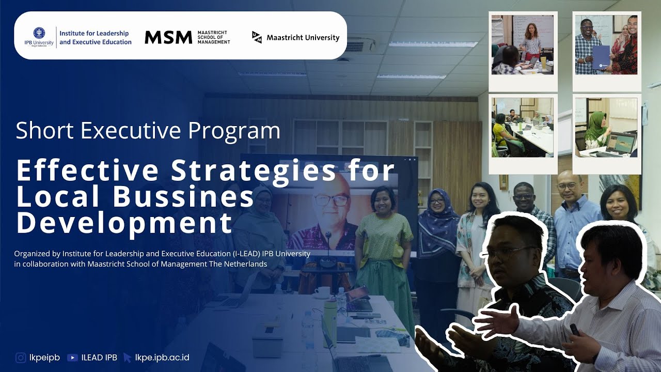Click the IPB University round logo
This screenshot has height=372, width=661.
[x=39, y=33]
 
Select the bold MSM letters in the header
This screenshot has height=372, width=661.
[x=168, y=37]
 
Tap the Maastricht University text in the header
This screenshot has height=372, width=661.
[x=303, y=38]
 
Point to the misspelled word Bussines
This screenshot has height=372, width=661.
[x=183, y=197]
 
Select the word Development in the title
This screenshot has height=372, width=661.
[x=124, y=223]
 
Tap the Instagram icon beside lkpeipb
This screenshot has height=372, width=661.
[x=21, y=358]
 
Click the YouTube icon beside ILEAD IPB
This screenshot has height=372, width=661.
[x=72, y=358]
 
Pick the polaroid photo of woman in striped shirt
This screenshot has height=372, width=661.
[x=523, y=45]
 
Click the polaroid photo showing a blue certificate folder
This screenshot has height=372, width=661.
[x=606, y=45]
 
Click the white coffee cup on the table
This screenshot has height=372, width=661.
[x=323, y=292]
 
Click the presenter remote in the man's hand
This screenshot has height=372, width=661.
[x=574, y=330]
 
